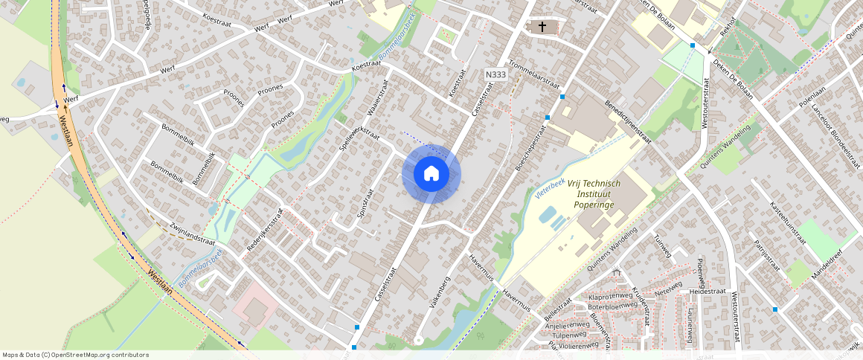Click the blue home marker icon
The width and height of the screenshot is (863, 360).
click(x=431, y=174)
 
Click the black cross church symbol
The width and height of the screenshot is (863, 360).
click(x=542, y=27)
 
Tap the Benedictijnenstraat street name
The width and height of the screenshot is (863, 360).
click(x=628, y=122)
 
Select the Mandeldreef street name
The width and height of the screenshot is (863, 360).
click(x=828, y=263)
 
